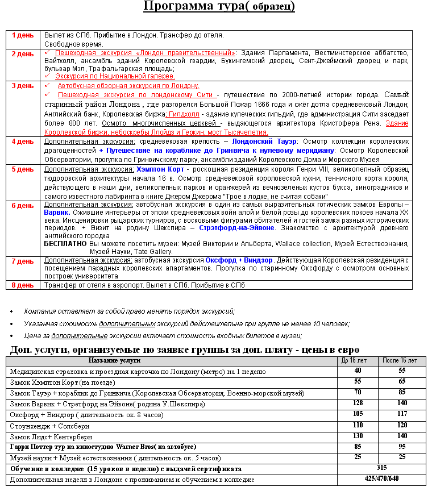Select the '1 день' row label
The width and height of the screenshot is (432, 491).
(23, 35)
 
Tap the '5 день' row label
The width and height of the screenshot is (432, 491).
(23, 169)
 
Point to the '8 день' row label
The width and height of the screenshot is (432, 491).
(23, 285)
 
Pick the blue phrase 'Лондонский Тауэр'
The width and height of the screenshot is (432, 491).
(264, 142)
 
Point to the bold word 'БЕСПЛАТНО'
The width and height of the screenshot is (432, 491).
(65, 243)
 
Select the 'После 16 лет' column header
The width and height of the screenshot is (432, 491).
(399, 360)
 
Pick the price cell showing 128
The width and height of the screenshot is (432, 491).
(358, 403)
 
